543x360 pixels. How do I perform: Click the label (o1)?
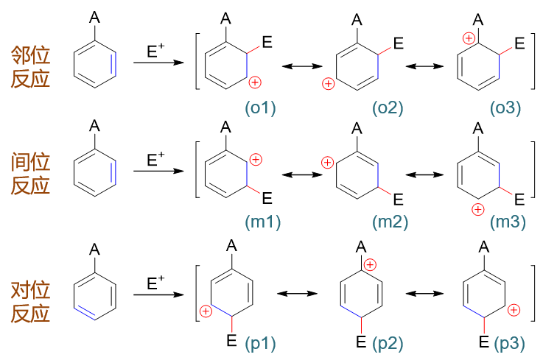pyautogui.click(x=260, y=108)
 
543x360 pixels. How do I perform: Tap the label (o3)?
pyautogui.click(x=505, y=108)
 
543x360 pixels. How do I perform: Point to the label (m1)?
pyautogui.click(x=263, y=221)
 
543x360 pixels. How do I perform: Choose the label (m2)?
pyautogui.click(x=390, y=221)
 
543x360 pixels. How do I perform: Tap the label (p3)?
pyautogui.click(x=510, y=342)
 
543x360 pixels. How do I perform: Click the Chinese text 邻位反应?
pyautogui.click(x=30, y=66)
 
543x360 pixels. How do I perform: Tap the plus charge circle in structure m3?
pyautogui.click(x=477, y=210)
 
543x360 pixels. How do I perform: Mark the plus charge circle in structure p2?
pyautogui.click(x=370, y=264)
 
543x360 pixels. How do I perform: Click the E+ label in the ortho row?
pyautogui.click(x=156, y=51)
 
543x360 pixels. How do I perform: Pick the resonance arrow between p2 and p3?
pyautogui.click(x=423, y=293)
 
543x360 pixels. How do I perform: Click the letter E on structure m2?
pyautogui.click(x=398, y=199)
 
